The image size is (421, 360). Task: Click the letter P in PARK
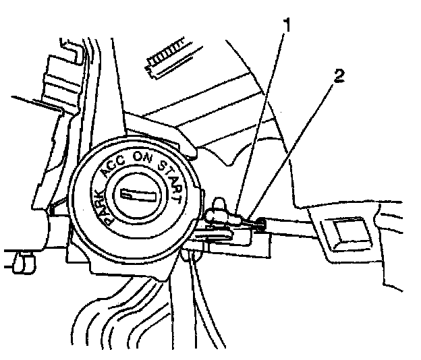point(107,215)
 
